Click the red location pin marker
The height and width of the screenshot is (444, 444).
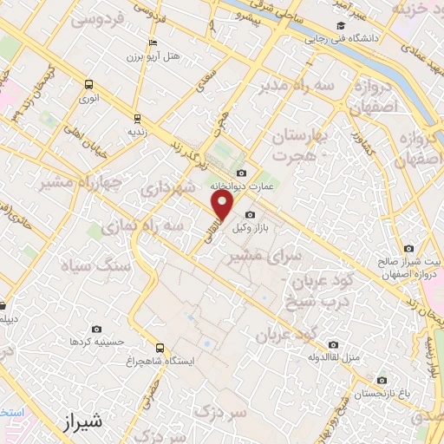tap(224, 206)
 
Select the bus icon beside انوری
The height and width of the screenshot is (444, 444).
tap(88, 84)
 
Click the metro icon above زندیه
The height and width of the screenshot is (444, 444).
tap(136, 118)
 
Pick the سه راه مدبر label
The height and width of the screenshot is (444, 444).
tap(299, 86)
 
